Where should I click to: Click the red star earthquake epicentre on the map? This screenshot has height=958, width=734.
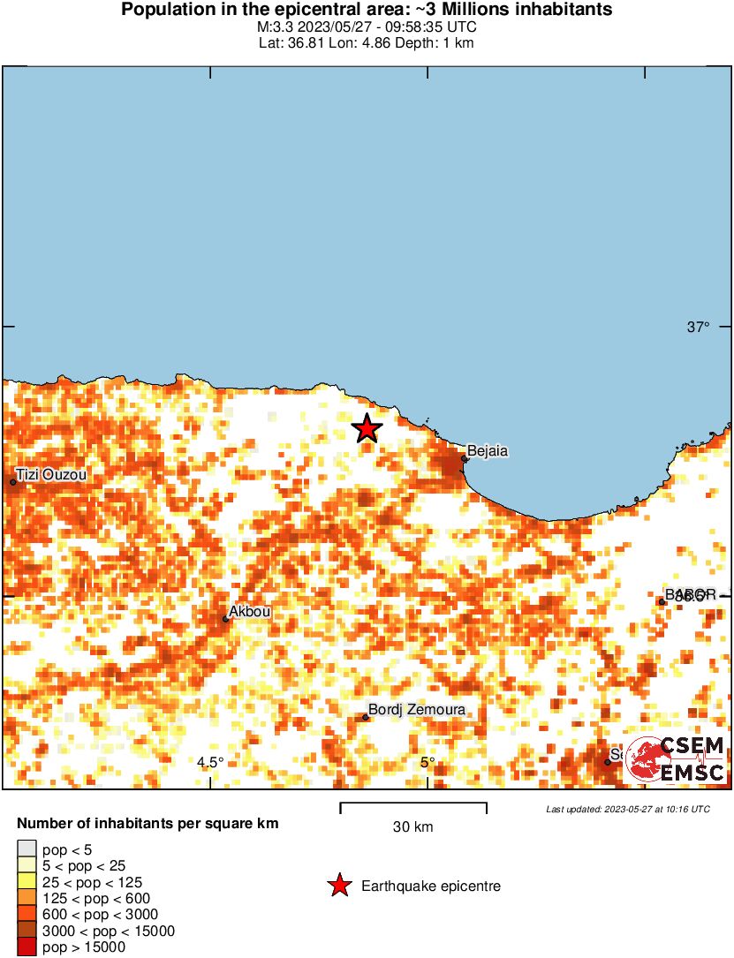367,429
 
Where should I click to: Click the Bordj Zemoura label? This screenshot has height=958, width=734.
416,710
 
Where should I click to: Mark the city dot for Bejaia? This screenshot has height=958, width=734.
465,458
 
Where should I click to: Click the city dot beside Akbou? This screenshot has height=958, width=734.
226,619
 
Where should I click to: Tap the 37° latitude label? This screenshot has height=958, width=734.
698,328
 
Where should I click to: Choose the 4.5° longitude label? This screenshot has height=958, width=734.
210,763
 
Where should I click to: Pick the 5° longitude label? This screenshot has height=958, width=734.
428,763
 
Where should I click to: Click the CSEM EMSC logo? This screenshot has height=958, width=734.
677,759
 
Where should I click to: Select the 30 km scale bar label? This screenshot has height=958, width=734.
412,827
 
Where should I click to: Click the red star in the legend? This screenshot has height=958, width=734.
339,886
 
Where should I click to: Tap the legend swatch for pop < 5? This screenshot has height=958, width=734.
26,849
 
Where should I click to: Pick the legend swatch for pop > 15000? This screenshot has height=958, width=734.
26,947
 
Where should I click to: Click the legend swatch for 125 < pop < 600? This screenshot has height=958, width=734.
26,898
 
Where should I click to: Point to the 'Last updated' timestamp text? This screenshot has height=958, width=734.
627,809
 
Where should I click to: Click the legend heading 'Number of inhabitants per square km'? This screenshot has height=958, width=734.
148,824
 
